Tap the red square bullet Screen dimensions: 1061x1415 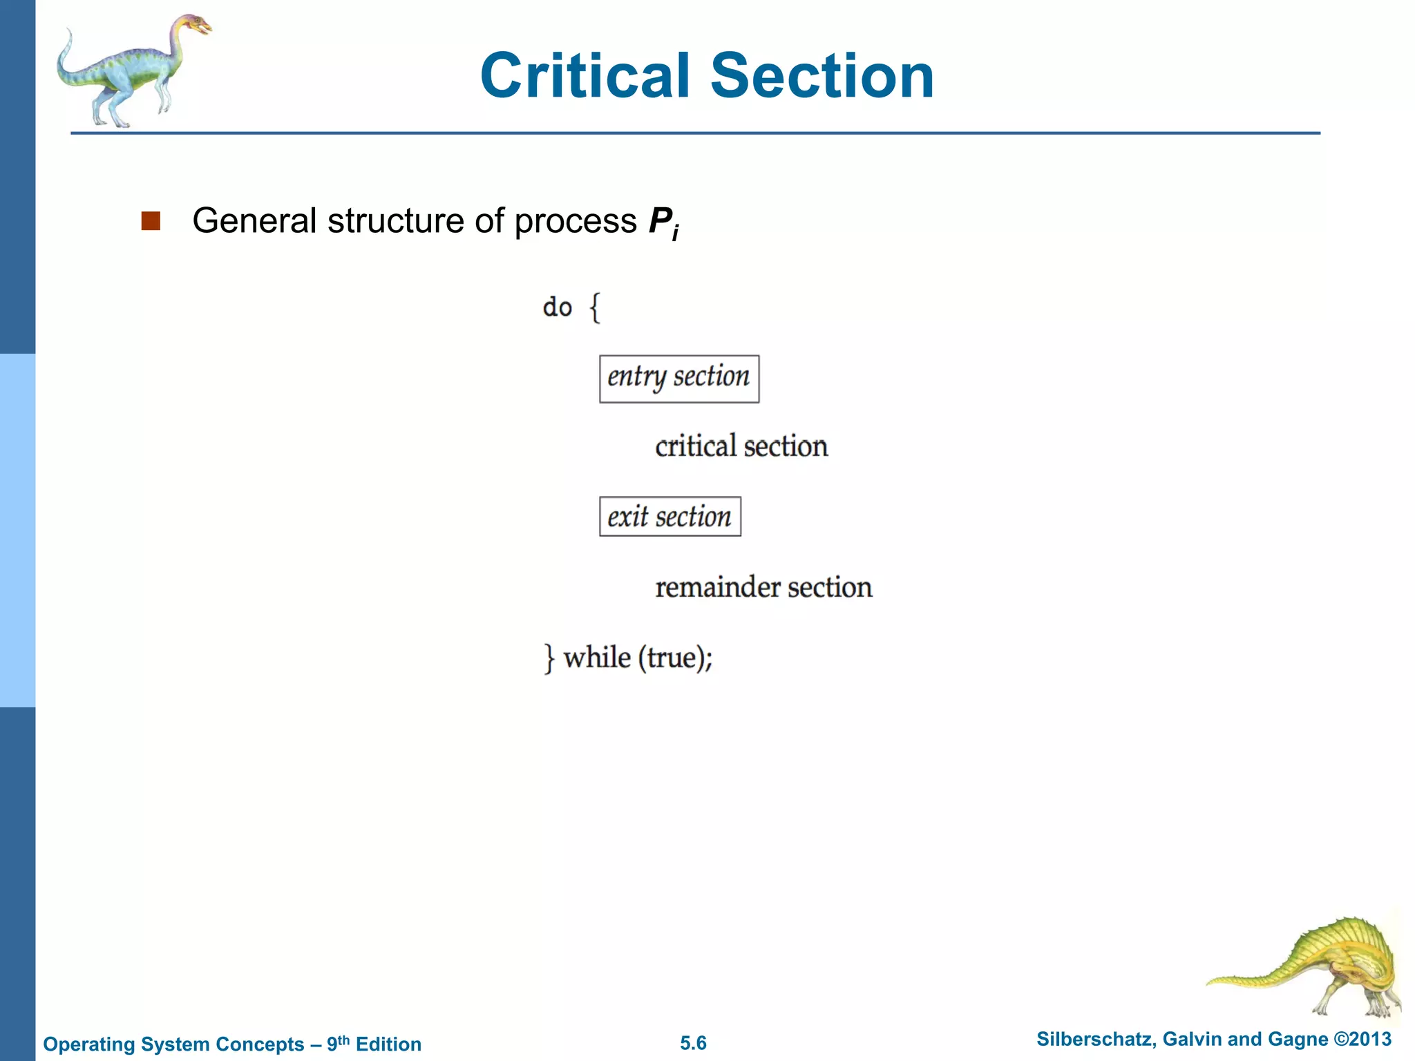(x=151, y=221)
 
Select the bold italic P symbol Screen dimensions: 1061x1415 (x=661, y=221)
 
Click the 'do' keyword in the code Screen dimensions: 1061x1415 (x=557, y=307)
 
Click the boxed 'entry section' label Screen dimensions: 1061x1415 (x=678, y=379)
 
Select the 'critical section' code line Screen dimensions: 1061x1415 (x=741, y=446)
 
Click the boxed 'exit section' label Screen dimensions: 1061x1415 (x=669, y=517)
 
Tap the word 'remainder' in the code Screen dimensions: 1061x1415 (x=718, y=587)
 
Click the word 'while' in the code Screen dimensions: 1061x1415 (x=597, y=657)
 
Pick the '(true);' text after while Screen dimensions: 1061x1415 (x=676, y=658)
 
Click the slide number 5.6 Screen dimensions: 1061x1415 (x=693, y=1043)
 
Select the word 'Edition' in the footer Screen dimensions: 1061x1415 (x=388, y=1044)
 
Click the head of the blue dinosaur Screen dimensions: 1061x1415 (x=196, y=26)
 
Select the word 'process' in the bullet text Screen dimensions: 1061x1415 (x=576, y=221)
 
